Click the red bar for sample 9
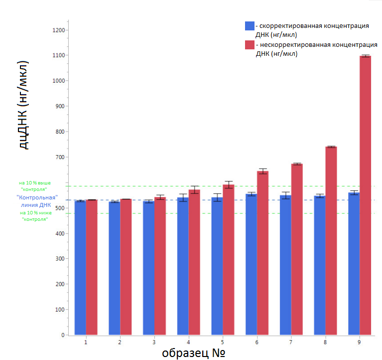[365, 194]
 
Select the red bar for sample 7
[297, 249]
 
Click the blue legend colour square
[250, 26]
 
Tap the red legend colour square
[250, 45]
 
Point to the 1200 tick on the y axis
[59, 30]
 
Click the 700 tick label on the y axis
[59, 157]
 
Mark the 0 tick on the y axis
[63, 335]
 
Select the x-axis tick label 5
[222, 343]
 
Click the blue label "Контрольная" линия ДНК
[37, 200]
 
